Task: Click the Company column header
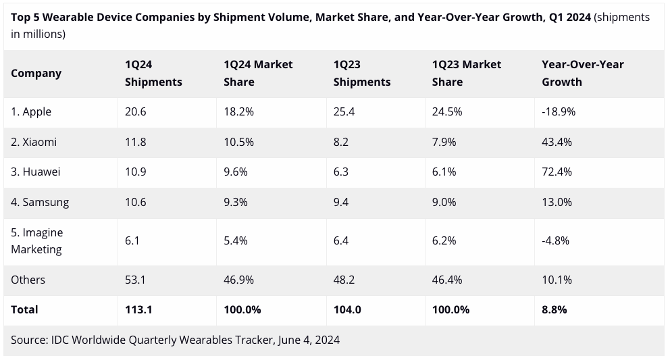coord(36,73)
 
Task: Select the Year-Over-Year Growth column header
coord(582,73)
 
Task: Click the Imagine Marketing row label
coord(37,240)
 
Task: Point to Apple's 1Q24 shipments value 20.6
coord(136,111)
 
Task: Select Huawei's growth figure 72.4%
coord(557,172)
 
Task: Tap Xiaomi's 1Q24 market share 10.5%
coord(238,142)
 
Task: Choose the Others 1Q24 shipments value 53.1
coord(136,280)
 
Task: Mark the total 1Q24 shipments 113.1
coord(139,309)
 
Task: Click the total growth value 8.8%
coord(554,309)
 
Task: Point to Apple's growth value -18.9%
coord(559,111)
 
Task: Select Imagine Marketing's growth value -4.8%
coord(556,240)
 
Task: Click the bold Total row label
coord(24,309)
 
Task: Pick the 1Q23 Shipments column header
coord(362,73)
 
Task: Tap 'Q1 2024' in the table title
coord(567,18)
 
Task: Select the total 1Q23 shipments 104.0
coord(348,309)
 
